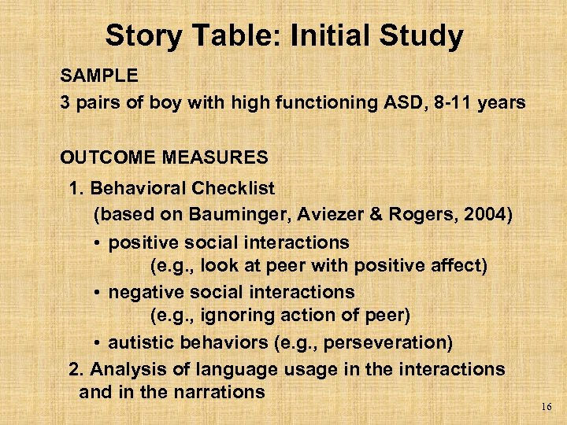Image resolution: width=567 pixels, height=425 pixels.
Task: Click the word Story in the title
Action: point(139,36)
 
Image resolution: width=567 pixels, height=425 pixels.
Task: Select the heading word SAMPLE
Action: point(99,76)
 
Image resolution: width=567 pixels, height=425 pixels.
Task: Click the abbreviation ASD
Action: point(397,102)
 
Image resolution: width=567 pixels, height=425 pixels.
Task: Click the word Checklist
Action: point(233,189)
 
